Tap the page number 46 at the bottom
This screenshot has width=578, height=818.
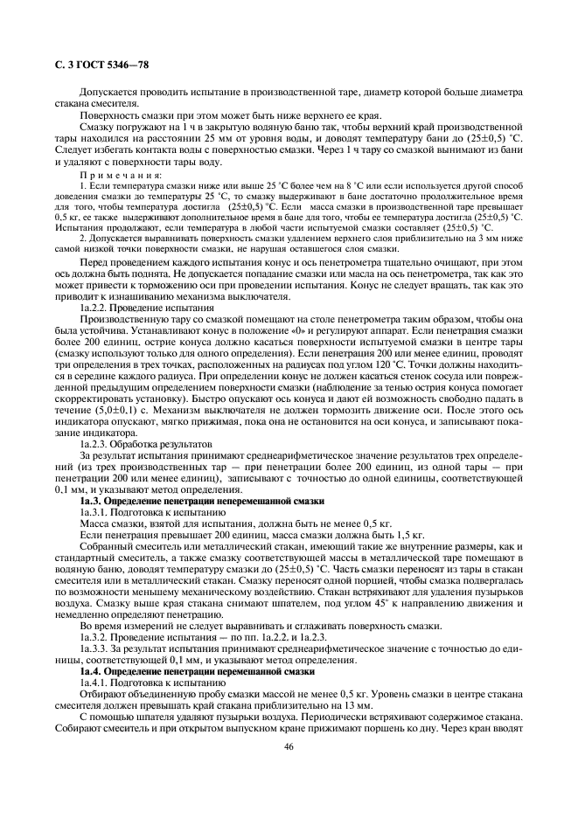[x=288, y=746]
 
